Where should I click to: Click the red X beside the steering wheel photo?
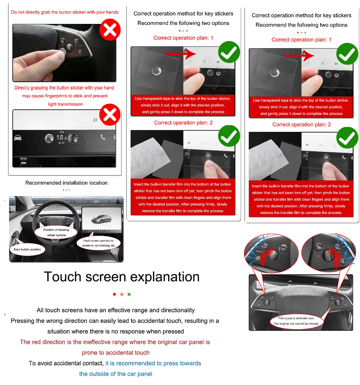[110, 30]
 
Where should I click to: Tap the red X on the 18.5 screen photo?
[110, 115]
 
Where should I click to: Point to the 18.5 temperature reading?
[62, 137]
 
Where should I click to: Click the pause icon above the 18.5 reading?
[95, 120]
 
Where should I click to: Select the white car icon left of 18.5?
[18, 137]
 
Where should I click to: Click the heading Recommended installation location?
[66, 183]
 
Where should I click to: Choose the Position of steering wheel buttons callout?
[56, 232]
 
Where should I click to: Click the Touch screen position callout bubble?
[98, 243]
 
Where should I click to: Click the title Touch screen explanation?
[122, 277]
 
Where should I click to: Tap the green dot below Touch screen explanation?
[129, 294]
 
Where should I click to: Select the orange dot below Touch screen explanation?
[122, 294]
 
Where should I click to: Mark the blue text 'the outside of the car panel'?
[116, 374]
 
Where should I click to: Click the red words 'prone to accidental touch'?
[116, 353]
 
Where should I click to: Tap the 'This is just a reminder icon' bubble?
[296, 321]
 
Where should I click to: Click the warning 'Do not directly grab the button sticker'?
[65, 12]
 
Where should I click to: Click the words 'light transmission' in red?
[65, 104]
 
